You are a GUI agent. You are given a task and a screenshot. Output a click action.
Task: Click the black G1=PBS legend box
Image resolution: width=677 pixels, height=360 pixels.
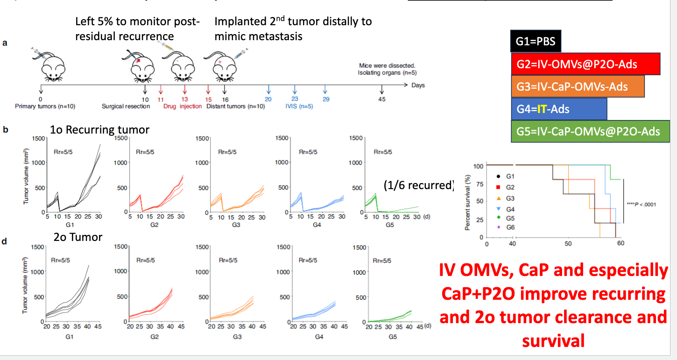tap(536, 42)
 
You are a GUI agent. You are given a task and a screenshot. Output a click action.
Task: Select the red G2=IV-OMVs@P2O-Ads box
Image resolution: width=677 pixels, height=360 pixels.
tap(585, 64)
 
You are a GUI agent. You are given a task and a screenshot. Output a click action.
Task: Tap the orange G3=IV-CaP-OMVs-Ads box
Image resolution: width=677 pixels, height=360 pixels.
tap(578, 86)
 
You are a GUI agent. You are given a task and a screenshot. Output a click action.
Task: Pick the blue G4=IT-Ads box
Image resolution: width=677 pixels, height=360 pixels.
tap(559, 109)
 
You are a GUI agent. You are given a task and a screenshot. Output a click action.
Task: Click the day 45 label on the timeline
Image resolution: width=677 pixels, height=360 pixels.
tap(382, 99)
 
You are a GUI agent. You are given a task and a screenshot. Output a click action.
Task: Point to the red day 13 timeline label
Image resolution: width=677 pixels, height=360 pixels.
tap(185, 99)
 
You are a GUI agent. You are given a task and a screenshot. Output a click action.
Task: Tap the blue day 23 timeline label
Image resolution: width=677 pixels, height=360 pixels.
tap(294, 99)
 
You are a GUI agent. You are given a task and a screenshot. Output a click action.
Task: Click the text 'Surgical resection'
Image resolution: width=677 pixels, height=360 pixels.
tap(126, 106)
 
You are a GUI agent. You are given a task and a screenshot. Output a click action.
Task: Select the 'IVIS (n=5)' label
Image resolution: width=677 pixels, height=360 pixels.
tap(299, 106)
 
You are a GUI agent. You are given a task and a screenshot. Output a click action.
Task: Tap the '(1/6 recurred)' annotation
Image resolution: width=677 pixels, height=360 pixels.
tap(418, 185)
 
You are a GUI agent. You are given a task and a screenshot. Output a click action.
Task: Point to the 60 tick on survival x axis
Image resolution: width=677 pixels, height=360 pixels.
tap(620, 243)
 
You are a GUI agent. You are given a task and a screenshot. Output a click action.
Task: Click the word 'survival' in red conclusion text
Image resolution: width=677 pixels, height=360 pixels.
tap(553, 341)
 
